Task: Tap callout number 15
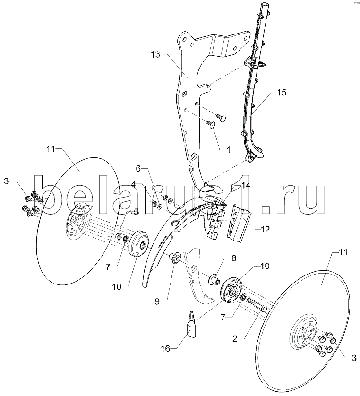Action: coord(282,93)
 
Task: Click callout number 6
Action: coord(139,169)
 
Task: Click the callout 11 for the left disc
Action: coord(51,149)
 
